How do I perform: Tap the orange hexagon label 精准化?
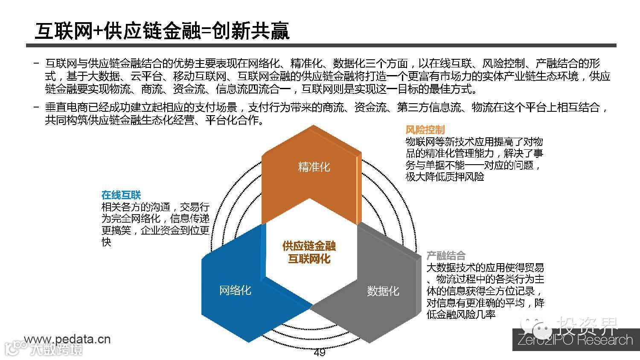(x=314, y=167)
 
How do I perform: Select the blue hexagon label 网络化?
(x=235, y=290)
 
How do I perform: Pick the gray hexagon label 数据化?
(x=383, y=291)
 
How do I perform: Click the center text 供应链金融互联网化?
(x=309, y=252)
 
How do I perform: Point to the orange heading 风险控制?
(x=425, y=130)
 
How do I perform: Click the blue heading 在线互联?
(x=121, y=195)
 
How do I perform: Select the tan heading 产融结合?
(x=446, y=255)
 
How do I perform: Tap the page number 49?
(x=319, y=352)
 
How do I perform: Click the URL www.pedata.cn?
(x=67, y=339)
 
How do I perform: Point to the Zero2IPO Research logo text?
(x=575, y=340)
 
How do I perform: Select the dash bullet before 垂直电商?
(x=37, y=107)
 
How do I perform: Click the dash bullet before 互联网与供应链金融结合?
(x=37, y=64)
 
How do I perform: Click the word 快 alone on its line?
(x=106, y=242)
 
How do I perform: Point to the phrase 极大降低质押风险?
(x=445, y=177)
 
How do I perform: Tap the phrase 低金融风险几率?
(x=461, y=315)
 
